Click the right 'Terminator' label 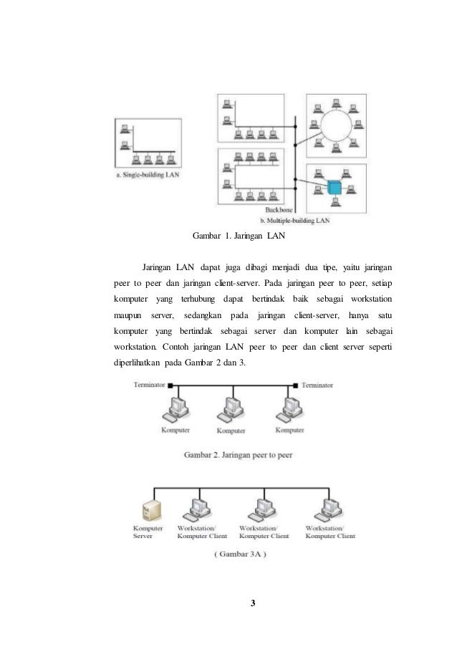pos(317,385)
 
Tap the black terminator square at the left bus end pos(170,385)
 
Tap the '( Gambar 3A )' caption pos(236,553)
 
